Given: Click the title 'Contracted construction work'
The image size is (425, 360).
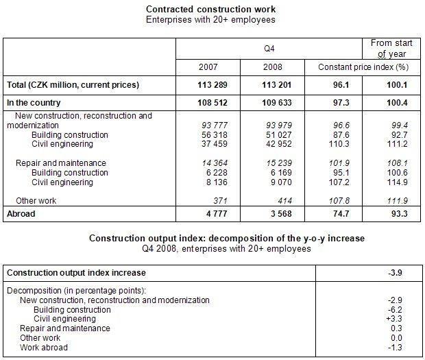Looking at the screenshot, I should point(210,9).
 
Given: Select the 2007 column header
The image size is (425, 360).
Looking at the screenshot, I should point(208,68).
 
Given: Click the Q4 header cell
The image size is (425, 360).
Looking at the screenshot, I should point(269,49).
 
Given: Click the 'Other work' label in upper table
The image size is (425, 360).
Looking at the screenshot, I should point(35,200).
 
